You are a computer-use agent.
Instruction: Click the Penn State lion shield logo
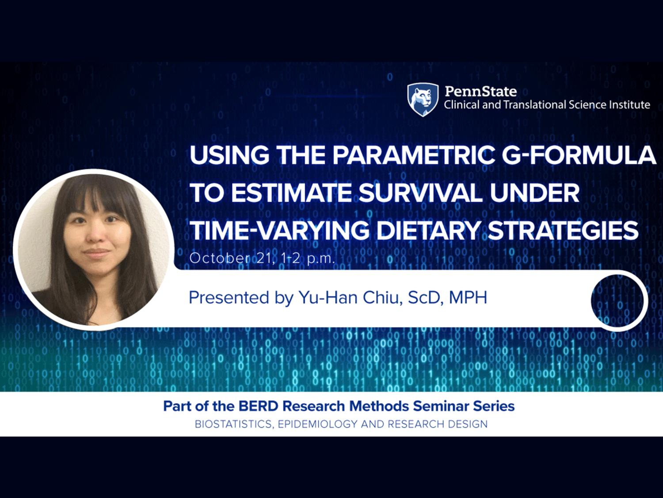click(x=423, y=100)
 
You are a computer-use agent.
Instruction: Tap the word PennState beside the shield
click(x=480, y=91)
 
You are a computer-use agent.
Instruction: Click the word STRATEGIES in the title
click(x=563, y=230)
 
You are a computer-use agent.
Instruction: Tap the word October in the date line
click(x=220, y=258)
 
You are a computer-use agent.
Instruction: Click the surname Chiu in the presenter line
click(x=382, y=297)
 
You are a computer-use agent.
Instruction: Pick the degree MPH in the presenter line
click(x=468, y=297)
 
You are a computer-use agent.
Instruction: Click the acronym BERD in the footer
click(x=258, y=406)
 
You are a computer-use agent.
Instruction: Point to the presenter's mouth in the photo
click(x=97, y=252)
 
